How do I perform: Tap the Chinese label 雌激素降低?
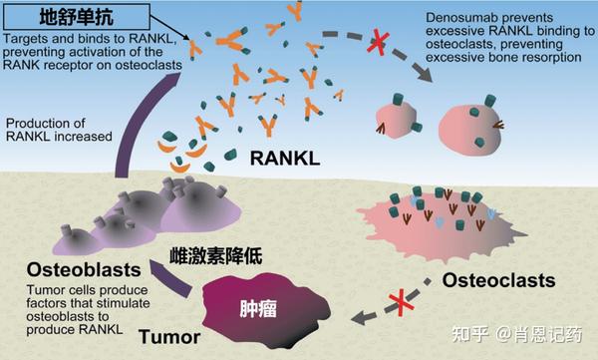[218, 256]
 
